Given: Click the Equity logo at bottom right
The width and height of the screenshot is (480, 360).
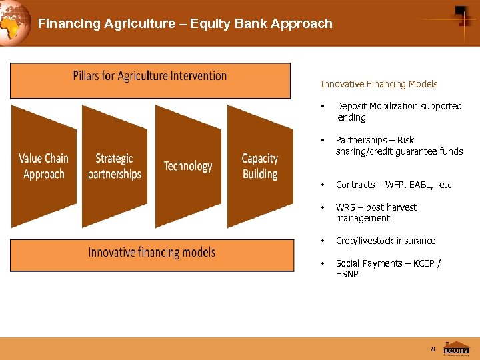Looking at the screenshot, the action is pyautogui.click(x=457, y=349).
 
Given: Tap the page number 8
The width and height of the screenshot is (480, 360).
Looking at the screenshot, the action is pyautogui.click(x=433, y=349).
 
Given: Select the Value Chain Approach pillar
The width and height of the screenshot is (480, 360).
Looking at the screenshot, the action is pyautogui.click(x=44, y=166).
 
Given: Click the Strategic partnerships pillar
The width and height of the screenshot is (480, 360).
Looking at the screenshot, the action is pyautogui.click(x=115, y=166).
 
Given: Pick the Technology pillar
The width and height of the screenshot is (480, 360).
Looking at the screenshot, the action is pyautogui.click(x=188, y=166).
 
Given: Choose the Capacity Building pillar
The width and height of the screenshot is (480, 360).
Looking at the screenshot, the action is pyautogui.click(x=260, y=166).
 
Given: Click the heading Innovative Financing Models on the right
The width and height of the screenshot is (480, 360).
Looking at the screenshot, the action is pyautogui.click(x=379, y=84).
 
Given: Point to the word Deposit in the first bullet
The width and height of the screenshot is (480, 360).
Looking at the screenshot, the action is pyautogui.click(x=351, y=106).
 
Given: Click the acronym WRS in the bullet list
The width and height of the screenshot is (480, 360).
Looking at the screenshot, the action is pyautogui.click(x=345, y=207).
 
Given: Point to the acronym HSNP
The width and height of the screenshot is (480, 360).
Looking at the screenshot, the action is pyautogui.click(x=347, y=274).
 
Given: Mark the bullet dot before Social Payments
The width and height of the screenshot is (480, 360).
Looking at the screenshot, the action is pyautogui.click(x=323, y=263).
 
